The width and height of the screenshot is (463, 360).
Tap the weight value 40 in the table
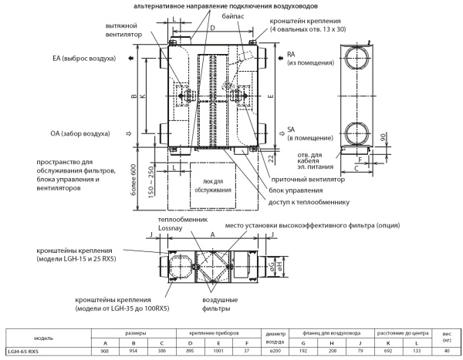[x=446, y=353]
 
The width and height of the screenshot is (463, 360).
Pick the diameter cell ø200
[x=281, y=353]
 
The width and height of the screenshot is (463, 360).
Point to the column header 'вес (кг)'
[x=446, y=336]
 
